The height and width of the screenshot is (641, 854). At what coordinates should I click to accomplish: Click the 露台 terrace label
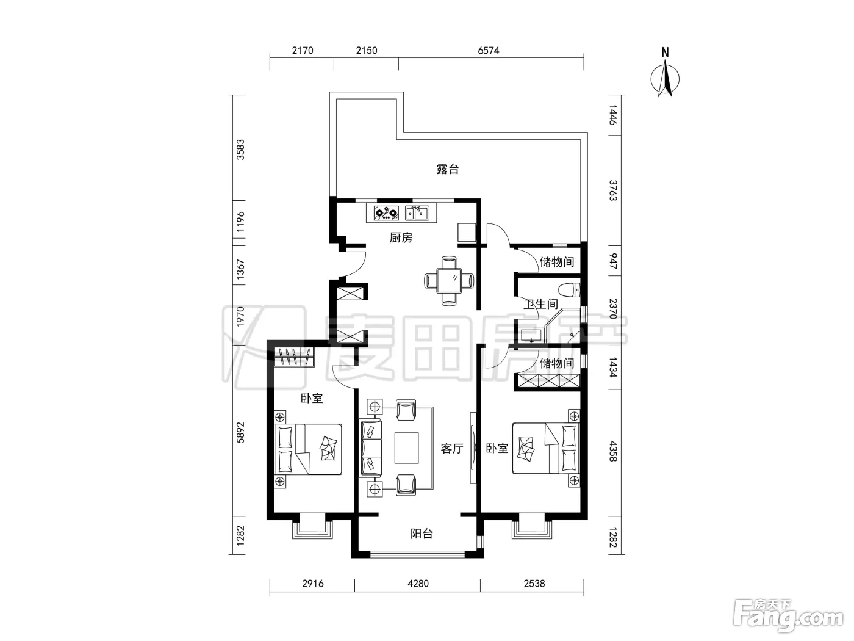point(447,169)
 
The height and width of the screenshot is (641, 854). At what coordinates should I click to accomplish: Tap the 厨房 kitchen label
point(401,237)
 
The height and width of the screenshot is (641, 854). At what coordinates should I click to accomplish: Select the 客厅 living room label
point(452,448)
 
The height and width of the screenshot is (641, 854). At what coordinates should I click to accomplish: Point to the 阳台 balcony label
point(422,534)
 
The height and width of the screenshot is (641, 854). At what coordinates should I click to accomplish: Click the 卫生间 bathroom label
point(541,304)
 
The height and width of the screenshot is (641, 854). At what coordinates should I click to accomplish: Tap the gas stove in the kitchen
point(386,213)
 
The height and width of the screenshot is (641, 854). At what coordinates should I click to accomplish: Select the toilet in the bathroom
point(569,290)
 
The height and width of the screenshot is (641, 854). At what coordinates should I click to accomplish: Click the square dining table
point(448,280)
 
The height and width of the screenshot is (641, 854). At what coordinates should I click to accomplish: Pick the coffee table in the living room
point(407,448)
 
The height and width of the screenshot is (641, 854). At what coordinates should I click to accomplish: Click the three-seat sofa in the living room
point(370,448)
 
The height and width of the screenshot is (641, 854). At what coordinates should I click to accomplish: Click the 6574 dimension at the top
point(488,51)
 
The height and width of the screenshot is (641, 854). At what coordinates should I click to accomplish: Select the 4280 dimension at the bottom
point(418,584)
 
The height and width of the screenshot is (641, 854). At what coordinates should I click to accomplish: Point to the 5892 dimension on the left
point(240,432)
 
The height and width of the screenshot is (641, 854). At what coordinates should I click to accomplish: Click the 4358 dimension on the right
point(613,451)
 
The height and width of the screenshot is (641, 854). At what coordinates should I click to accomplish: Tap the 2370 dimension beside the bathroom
point(613,309)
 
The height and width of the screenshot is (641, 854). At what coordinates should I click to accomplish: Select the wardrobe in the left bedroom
point(294,357)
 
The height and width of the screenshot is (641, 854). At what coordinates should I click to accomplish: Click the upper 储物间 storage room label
point(557,262)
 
